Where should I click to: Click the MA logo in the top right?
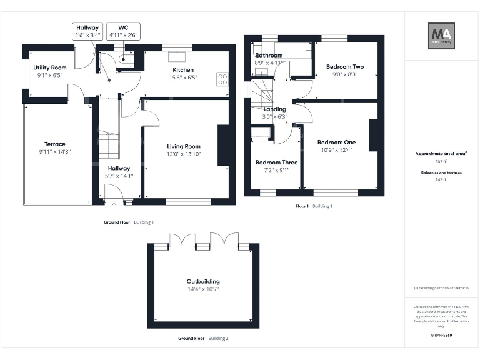pos(441,34)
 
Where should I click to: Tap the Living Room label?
pos(184,146)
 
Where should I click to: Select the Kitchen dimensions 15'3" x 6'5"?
pos(183,77)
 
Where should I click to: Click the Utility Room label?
pos(50,67)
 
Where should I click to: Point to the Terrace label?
pos(54,144)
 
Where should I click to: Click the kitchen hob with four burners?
pos(222,79)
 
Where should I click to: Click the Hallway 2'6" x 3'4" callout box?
pos(87,32)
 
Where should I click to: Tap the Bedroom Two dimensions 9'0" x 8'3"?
pos(345,74)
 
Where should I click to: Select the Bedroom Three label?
pos(276,162)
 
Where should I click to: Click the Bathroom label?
pos(269,56)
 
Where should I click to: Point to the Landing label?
pos(274,109)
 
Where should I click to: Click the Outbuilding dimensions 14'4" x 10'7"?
pos(203,289)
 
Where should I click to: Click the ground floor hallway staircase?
pos(109,145)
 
